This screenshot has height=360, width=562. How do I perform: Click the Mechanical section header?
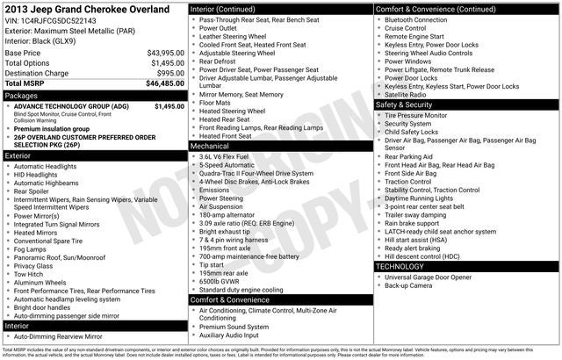click(x=213, y=147)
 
